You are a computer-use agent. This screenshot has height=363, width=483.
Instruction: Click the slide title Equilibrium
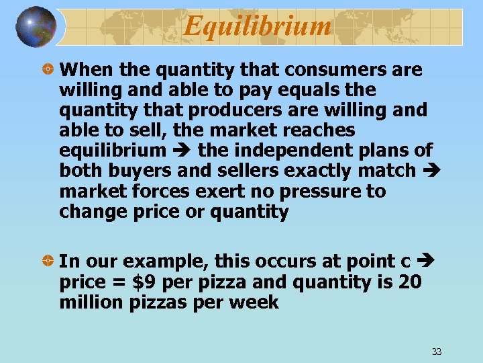258,26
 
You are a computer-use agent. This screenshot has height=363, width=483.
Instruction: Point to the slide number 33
437,352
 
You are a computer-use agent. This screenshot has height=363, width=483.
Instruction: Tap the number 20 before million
410,282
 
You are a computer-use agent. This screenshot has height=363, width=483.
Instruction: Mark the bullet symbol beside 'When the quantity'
49,70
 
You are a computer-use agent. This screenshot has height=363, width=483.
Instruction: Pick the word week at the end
254,302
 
